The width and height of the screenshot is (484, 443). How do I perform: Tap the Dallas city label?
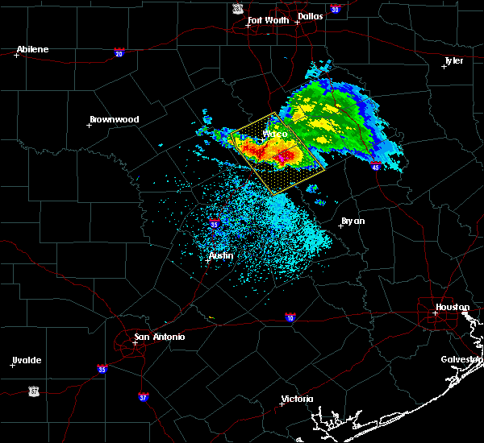tap(311, 16)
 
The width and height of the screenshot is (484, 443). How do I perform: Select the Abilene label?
tap(32, 49)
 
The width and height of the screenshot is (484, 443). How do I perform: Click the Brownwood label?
tap(114, 119)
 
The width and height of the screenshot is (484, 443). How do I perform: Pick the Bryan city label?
tap(353, 220)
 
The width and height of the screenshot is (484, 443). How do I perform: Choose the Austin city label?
tap(221, 255)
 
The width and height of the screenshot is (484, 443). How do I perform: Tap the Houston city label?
tap(453, 307)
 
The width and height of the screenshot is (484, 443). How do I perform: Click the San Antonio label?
tap(159, 337)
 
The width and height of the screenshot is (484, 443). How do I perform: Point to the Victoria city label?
tap(296, 399)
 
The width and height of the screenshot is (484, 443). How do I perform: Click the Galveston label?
tap(461, 359)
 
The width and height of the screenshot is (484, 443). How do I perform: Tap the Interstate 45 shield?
tap(376, 167)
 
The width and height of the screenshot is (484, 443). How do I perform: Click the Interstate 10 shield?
tap(290, 317)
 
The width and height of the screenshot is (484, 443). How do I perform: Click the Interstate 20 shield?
tap(119, 53)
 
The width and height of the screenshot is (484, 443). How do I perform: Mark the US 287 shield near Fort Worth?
tap(237, 8)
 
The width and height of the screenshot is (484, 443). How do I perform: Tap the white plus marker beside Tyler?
tap(444, 66)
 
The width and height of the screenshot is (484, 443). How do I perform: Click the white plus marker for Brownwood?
tap(90, 125)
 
